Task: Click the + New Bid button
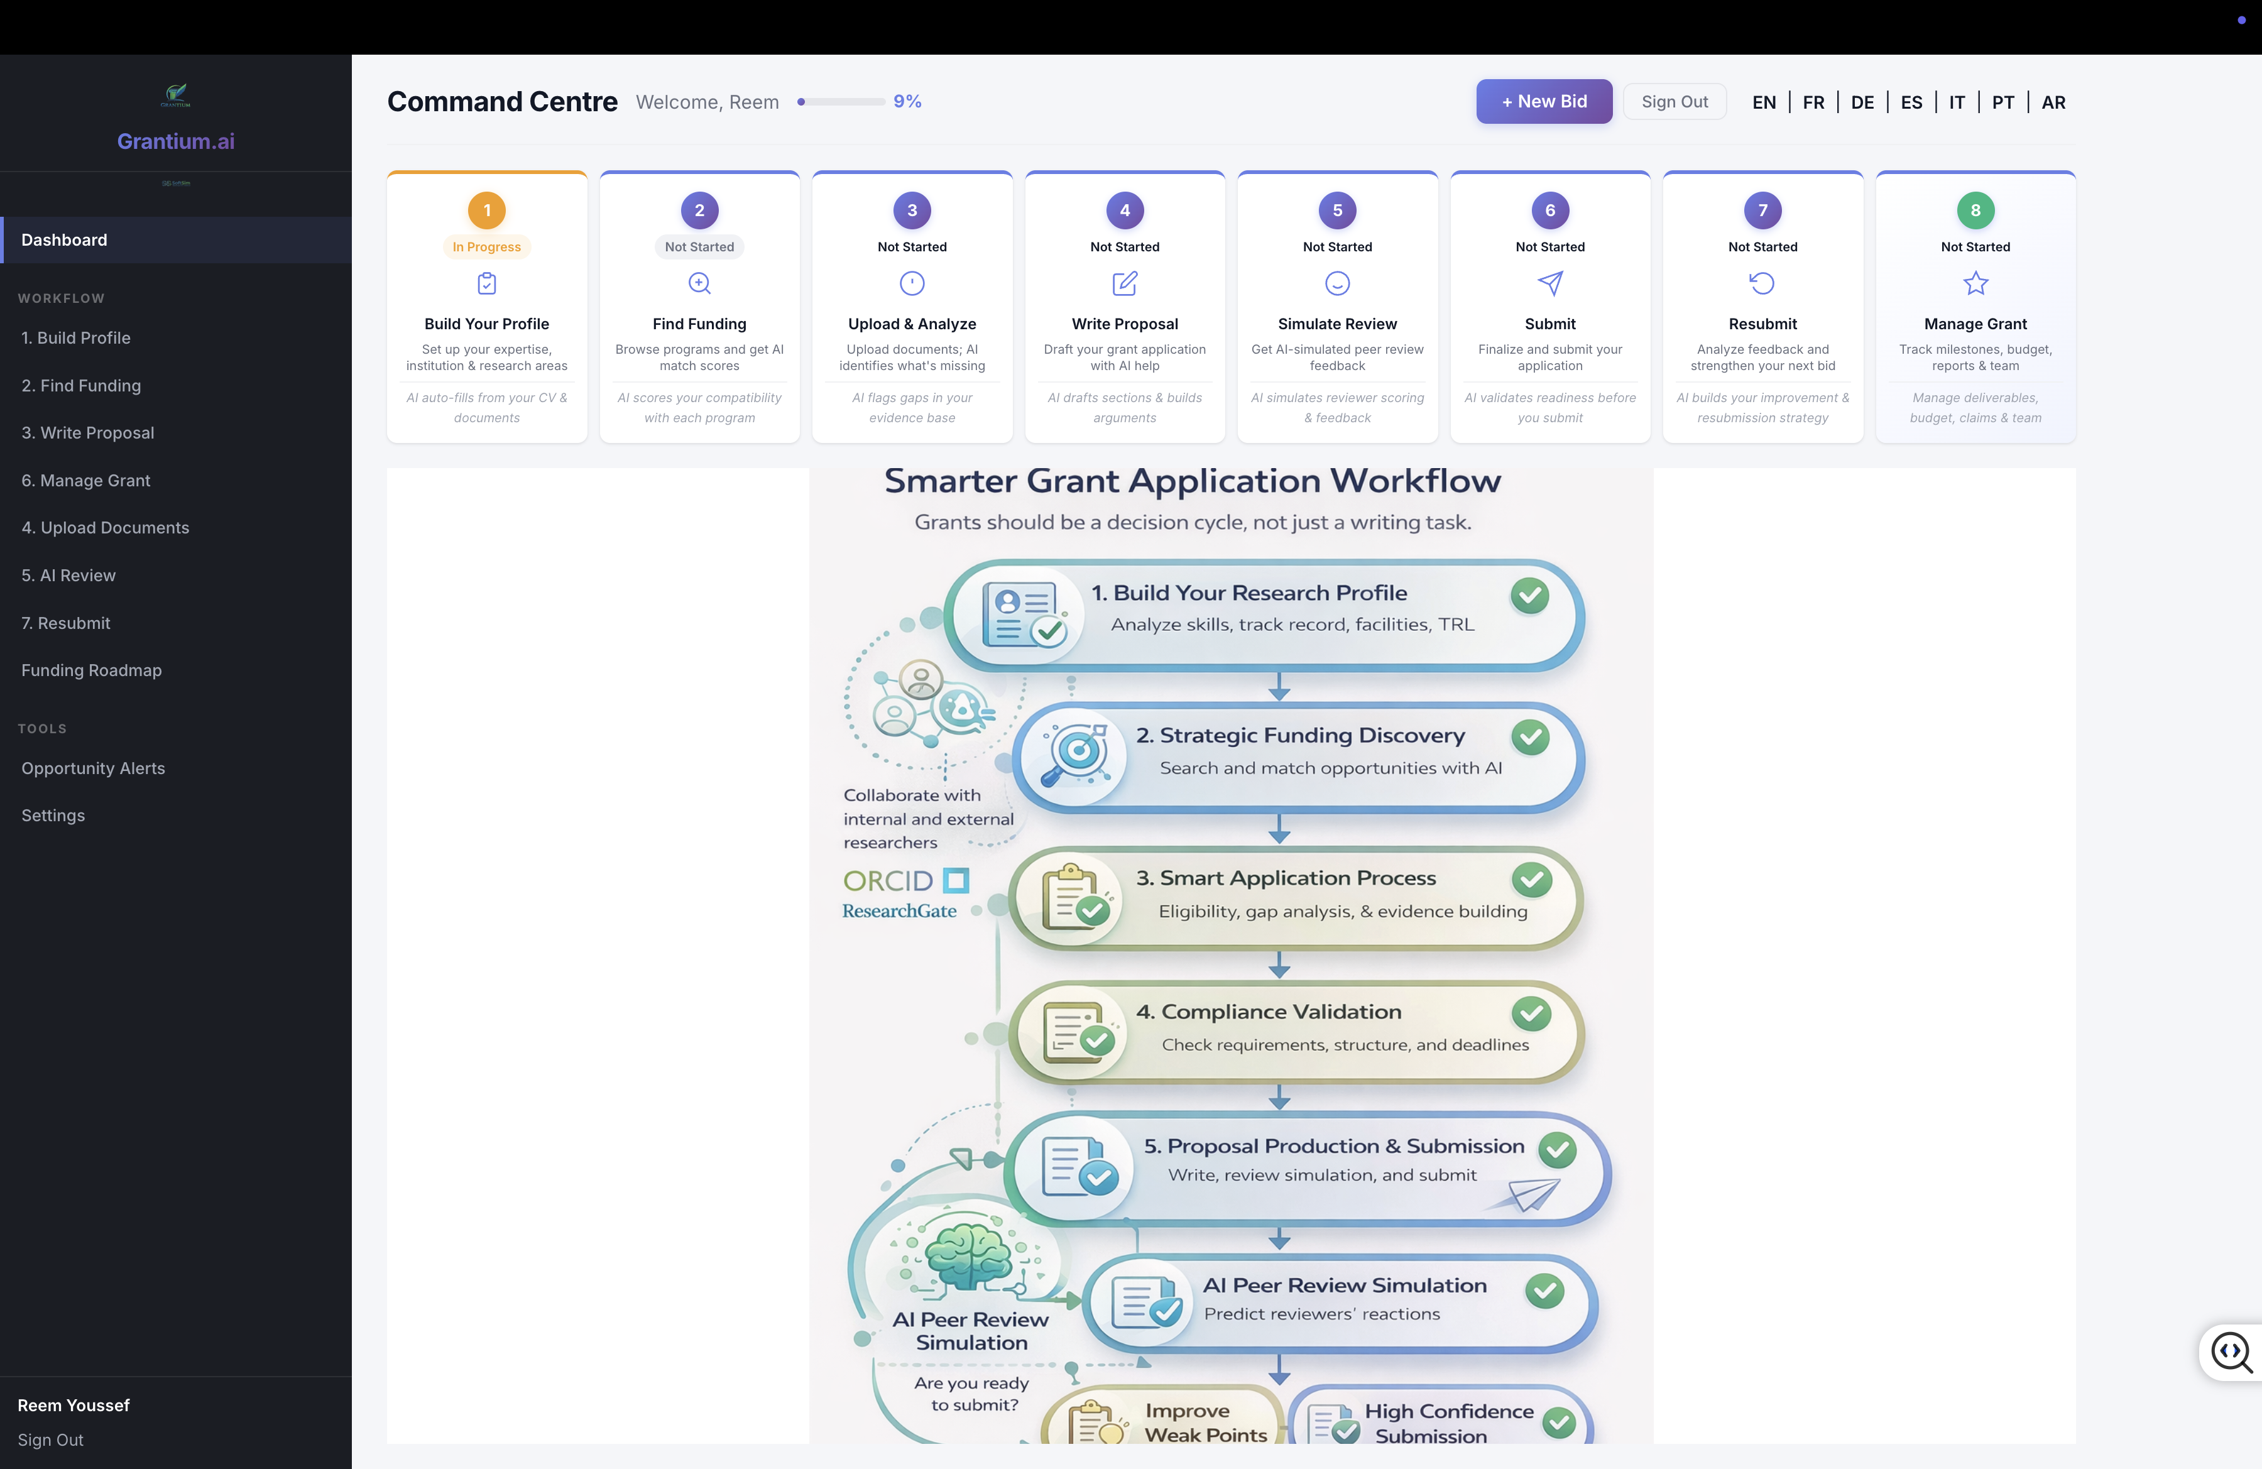point(1543,102)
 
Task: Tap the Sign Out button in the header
point(1674,102)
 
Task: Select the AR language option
point(2053,102)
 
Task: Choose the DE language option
point(1862,102)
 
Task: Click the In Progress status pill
point(486,247)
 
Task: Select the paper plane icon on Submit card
point(1550,283)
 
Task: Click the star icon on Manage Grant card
point(1975,283)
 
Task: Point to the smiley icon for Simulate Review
point(1337,283)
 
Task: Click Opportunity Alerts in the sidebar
point(93,768)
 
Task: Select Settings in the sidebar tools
point(53,816)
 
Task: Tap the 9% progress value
point(907,102)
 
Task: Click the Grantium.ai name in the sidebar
point(176,141)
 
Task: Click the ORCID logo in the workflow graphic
point(905,881)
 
